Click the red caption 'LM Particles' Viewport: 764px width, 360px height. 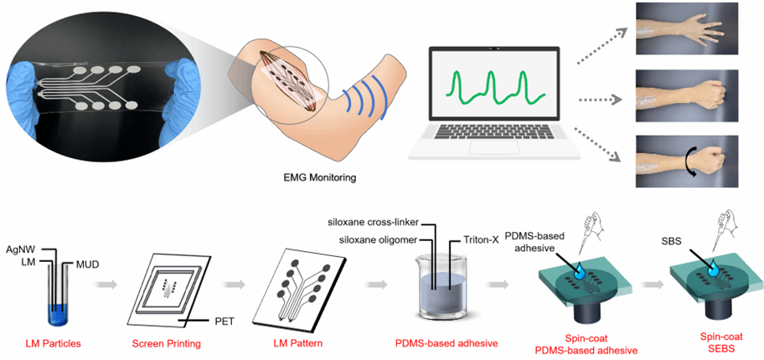tap(54, 343)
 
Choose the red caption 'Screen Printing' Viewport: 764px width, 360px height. tap(169, 343)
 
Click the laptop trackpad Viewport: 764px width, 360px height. tap(492, 148)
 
